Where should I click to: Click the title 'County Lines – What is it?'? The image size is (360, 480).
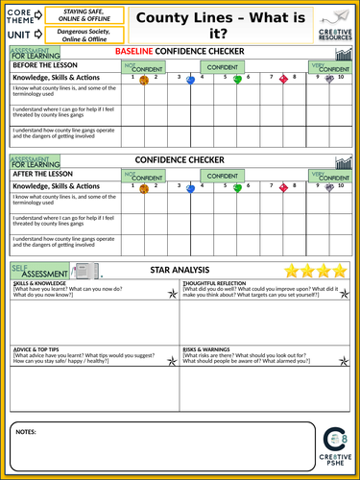click(214, 24)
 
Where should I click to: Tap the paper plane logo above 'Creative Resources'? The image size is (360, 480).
click(332, 16)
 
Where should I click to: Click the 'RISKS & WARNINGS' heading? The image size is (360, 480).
click(207, 349)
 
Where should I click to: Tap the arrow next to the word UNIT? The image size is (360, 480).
click(37, 34)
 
